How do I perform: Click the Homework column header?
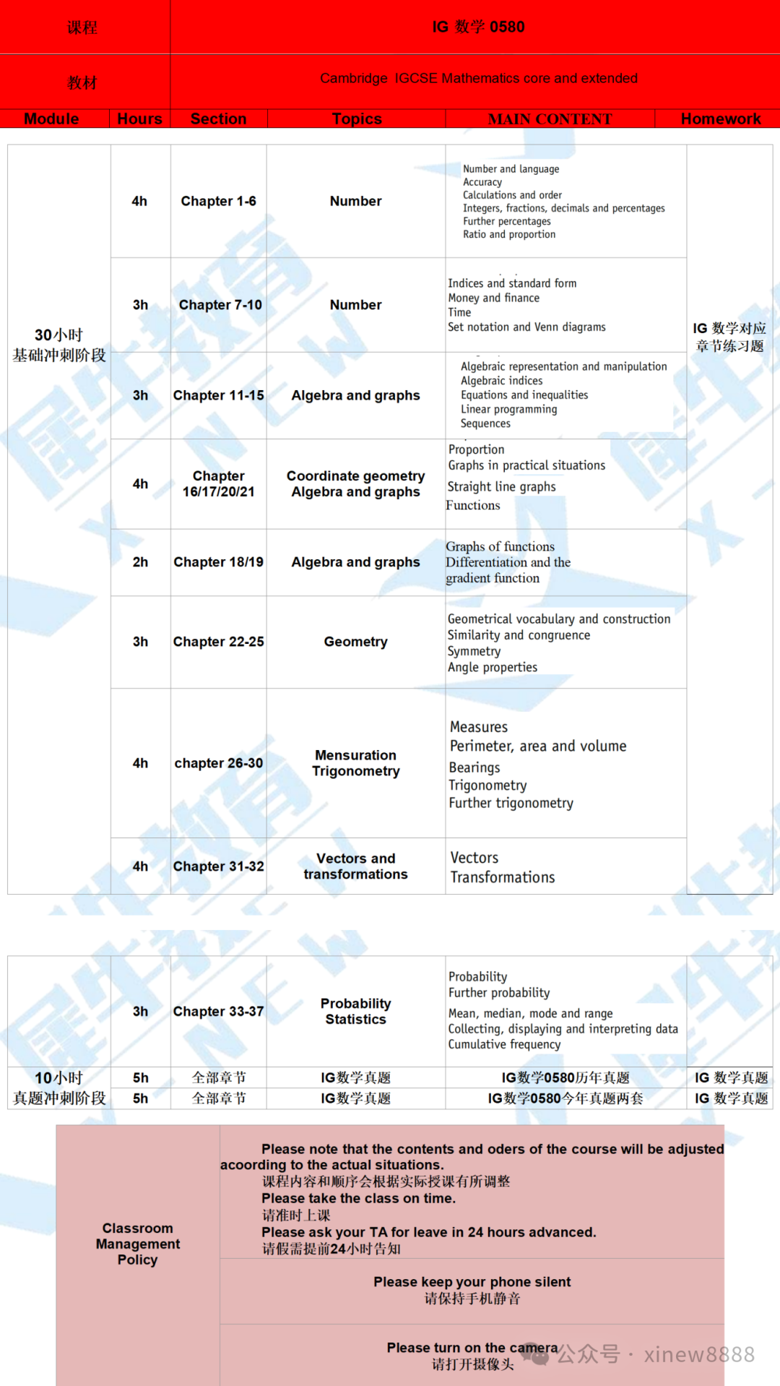click(x=720, y=119)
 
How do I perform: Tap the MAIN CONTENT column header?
click(x=550, y=119)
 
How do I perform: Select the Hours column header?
click(x=139, y=119)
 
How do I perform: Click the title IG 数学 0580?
click(x=478, y=27)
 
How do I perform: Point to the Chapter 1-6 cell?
click(x=218, y=201)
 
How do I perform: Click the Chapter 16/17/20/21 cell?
click(x=218, y=484)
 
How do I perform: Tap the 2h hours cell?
click(x=140, y=562)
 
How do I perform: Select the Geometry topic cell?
click(x=355, y=642)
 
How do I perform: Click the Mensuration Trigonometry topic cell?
click(x=355, y=763)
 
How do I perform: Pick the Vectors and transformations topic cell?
click(x=355, y=866)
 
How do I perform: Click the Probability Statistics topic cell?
click(x=355, y=1012)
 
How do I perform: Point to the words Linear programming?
click(x=509, y=409)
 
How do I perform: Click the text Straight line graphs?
click(x=501, y=487)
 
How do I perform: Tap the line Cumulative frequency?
click(x=504, y=1044)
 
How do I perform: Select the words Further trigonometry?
click(x=511, y=803)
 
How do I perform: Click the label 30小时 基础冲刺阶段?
click(x=59, y=345)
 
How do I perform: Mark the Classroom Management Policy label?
click(x=137, y=1244)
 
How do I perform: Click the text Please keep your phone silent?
click(x=472, y=1282)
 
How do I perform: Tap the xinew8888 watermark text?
click(x=698, y=1354)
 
